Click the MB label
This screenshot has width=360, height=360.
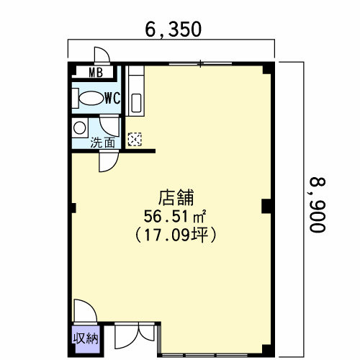coord(95,72)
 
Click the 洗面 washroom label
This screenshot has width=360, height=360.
coord(102,143)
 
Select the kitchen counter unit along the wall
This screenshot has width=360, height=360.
coord(136,91)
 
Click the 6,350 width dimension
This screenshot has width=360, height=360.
coord(172,30)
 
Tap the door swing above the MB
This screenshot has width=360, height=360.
coord(101,56)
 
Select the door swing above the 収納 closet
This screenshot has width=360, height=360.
coord(83,311)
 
